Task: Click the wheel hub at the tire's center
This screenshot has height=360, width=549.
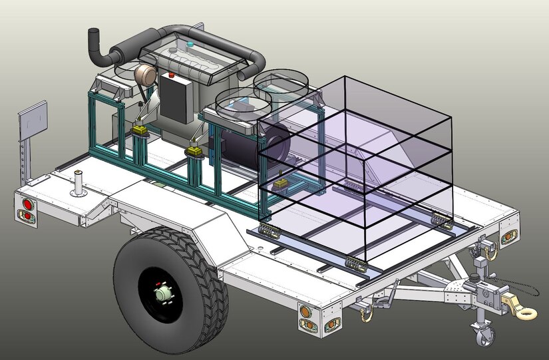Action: [162, 293]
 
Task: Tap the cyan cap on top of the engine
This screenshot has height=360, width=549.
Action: [191, 45]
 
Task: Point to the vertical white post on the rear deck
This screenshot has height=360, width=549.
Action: [79, 183]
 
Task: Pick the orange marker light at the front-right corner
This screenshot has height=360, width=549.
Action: [509, 236]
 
